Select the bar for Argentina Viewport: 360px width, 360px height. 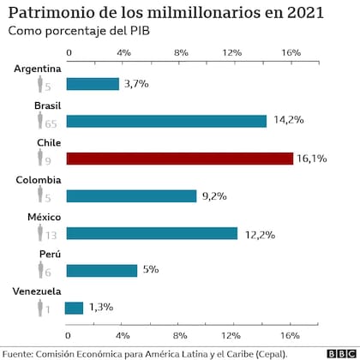92,84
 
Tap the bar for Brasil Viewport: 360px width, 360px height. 166,121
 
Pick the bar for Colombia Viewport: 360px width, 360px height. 130,195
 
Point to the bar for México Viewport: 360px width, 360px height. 151,233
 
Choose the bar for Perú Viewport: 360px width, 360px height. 101,271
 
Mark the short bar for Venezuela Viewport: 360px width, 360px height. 75,308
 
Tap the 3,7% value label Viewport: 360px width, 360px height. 137,84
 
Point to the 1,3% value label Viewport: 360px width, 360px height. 101,308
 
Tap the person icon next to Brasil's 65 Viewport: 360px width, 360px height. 39,121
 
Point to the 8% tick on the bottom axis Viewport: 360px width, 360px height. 181,335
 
